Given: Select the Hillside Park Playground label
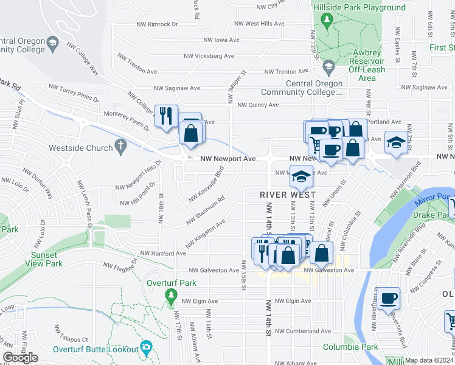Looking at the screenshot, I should point(359,8).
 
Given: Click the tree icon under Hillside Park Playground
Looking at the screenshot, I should point(327,22).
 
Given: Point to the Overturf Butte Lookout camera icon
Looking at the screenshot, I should point(145,347).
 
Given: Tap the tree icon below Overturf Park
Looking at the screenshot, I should point(171,296).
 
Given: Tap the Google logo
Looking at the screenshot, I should point(20,358).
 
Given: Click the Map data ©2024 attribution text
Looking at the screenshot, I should point(429,360).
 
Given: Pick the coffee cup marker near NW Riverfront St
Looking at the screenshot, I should point(388,299).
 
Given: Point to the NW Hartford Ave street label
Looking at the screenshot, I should point(163,253).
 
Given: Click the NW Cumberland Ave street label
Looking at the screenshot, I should point(302,332).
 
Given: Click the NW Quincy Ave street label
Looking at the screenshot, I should point(258,105).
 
